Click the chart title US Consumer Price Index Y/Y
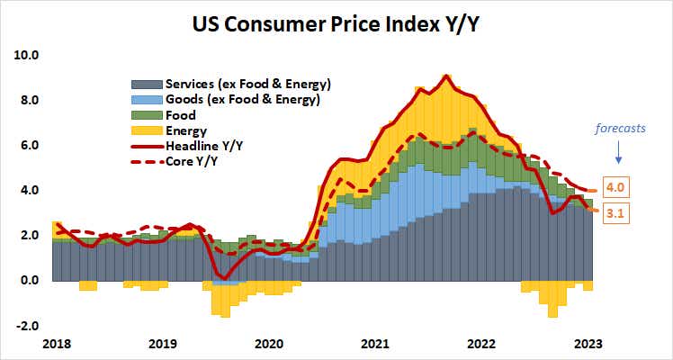click(x=337, y=22)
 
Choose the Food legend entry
click(x=179, y=116)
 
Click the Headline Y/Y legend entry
click(x=205, y=147)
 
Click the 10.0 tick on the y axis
click(x=28, y=55)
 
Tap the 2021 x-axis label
click(x=375, y=343)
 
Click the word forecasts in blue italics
click(x=620, y=129)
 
